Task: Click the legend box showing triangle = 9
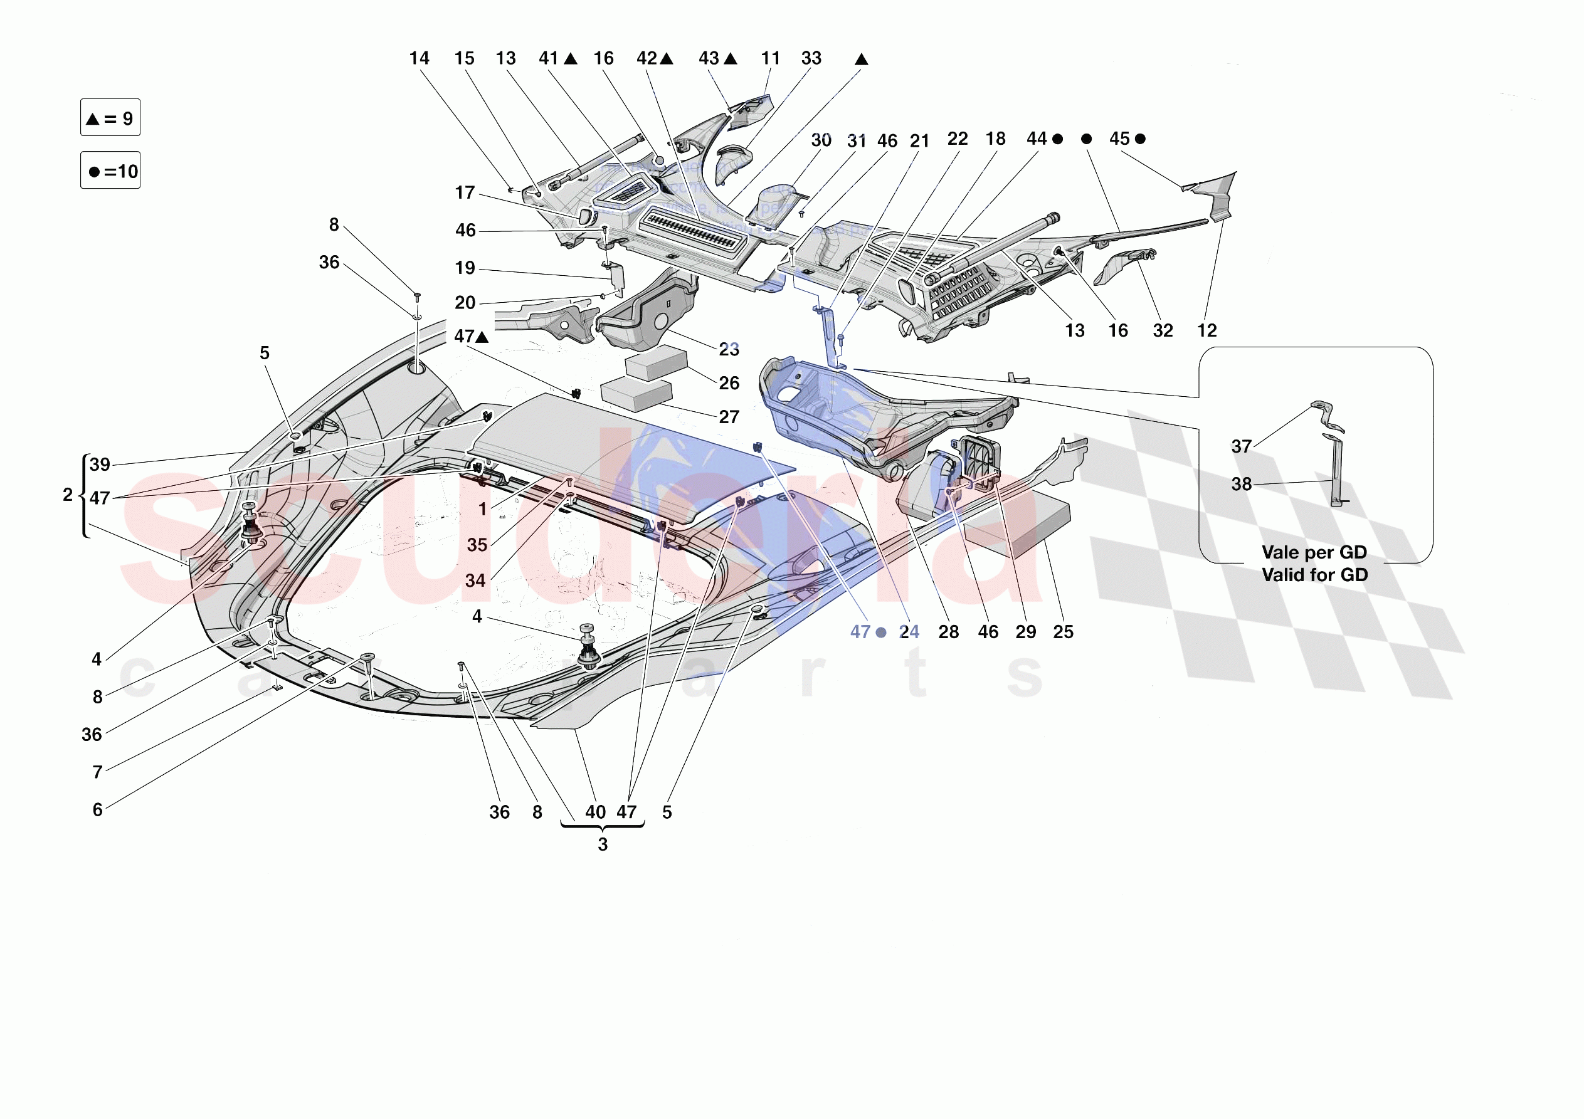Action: pyautogui.click(x=110, y=118)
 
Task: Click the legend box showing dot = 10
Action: pyautogui.click(x=110, y=171)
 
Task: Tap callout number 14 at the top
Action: pyautogui.click(x=419, y=59)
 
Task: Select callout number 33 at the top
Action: pyautogui.click(x=811, y=59)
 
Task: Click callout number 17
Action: pyautogui.click(x=465, y=192)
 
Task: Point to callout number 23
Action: pyautogui.click(x=729, y=350)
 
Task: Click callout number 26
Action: pyautogui.click(x=729, y=384)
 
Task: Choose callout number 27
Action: pyautogui.click(x=729, y=418)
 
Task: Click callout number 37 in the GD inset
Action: pyautogui.click(x=1241, y=447)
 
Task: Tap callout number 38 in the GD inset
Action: pyautogui.click(x=1241, y=485)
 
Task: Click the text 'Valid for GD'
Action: pyautogui.click(x=1314, y=575)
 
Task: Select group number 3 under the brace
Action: pyautogui.click(x=602, y=845)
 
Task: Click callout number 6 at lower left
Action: pyautogui.click(x=97, y=810)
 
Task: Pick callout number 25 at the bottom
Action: pyautogui.click(x=1063, y=632)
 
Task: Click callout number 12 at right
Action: pyautogui.click(x=1206, y=331)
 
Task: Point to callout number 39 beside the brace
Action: pyautogui.click(x=100, y=465)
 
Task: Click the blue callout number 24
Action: pyautogui.click(x=909, y=632)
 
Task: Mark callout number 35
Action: pyautogui.click(x=477, y=545)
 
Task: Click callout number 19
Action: pyautogui.click(x=465, y=268)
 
